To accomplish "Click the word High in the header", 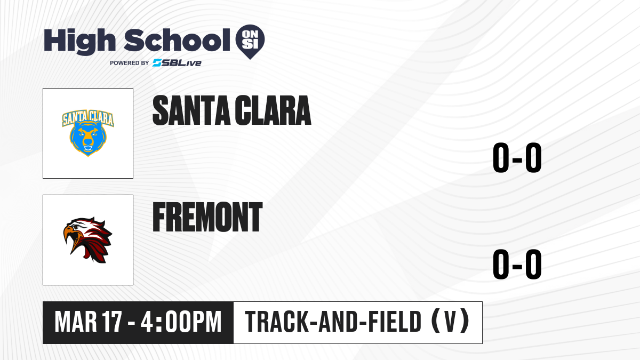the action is click(x=80, y=41).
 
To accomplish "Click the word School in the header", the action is click(x=177, y=40).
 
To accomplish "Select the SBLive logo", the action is click(x=177, y=63).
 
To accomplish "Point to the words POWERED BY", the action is click(x=130, y=63).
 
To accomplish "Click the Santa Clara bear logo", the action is click(x=88, y=133).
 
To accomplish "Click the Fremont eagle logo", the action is click(x=87, y=239).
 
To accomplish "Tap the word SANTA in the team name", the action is click(x=191, y=110).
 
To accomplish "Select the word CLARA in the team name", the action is click(x=273, y=110).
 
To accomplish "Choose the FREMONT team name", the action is click(x=207, y=217).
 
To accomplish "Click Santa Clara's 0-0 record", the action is click(x=517, y=158).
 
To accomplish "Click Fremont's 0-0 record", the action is click(x=517, y=264).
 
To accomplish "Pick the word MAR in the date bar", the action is click(x=76, y=322).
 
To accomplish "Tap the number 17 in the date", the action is click(x=113, y=322).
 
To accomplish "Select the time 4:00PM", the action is click(x=181, y=322).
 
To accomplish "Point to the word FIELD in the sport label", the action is click(x=395, y=322).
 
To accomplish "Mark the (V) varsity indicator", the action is click(x=450, y=321).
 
